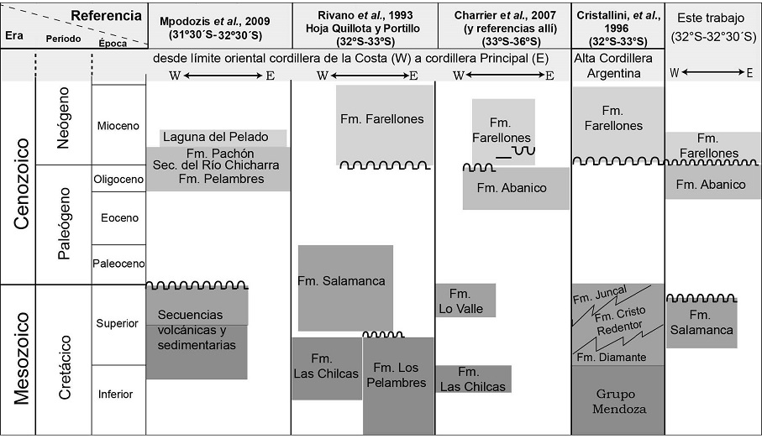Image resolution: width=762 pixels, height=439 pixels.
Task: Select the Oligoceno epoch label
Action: tap(118, 178)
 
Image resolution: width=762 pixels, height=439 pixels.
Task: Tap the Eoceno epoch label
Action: tap(118, 217)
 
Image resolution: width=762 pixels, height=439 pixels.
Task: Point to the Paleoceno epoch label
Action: tap(118, 263)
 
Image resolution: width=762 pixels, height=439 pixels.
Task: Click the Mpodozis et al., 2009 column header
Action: tap(218, 24)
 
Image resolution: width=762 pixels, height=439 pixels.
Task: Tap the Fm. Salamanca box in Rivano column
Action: tap(345, 281)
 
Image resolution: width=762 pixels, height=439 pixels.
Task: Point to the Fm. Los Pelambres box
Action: tap(398, 374)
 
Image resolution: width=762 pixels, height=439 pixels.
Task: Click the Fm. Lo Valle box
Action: tap(465, 301)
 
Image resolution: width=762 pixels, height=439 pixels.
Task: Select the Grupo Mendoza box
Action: tap(617, 400)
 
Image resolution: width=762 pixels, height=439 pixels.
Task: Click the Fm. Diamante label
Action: tap(611, 358)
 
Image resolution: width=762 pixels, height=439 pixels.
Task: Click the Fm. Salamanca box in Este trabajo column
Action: tap(702, 323)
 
